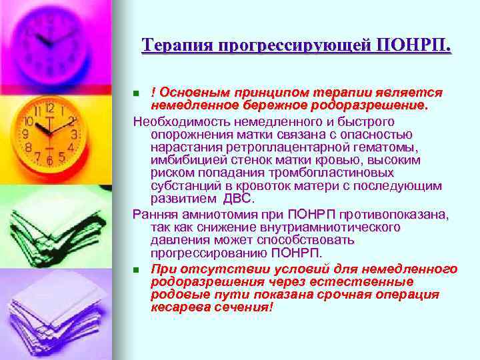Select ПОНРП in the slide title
(x=413, y=45)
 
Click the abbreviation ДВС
(x=237, y=199)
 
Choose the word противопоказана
(x=394, y=215)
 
